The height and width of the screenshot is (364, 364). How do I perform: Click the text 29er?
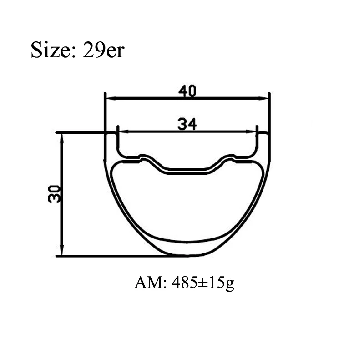click(104, 50)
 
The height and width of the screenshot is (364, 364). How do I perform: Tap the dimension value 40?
click(187, 91)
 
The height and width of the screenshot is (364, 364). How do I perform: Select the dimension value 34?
click(187, 124)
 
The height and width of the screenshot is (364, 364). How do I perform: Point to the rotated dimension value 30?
click(55, 194)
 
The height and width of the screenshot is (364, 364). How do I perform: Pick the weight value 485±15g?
click(203, 283)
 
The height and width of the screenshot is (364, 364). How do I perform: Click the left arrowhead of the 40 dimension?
click(111, 98)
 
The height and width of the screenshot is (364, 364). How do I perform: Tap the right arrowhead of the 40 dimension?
click(263, 98)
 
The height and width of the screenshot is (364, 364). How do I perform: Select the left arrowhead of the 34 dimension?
click(124, 131)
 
